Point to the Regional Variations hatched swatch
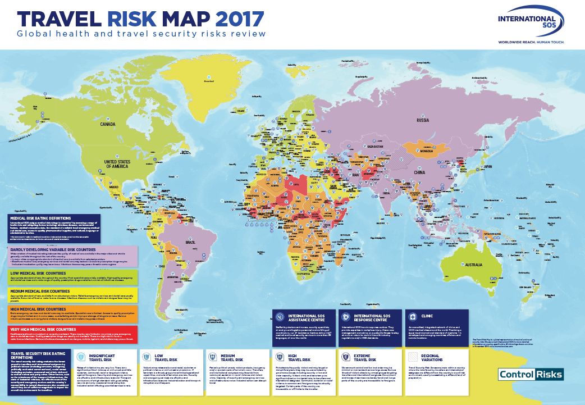pyautogui.click(x=414, y=357)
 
